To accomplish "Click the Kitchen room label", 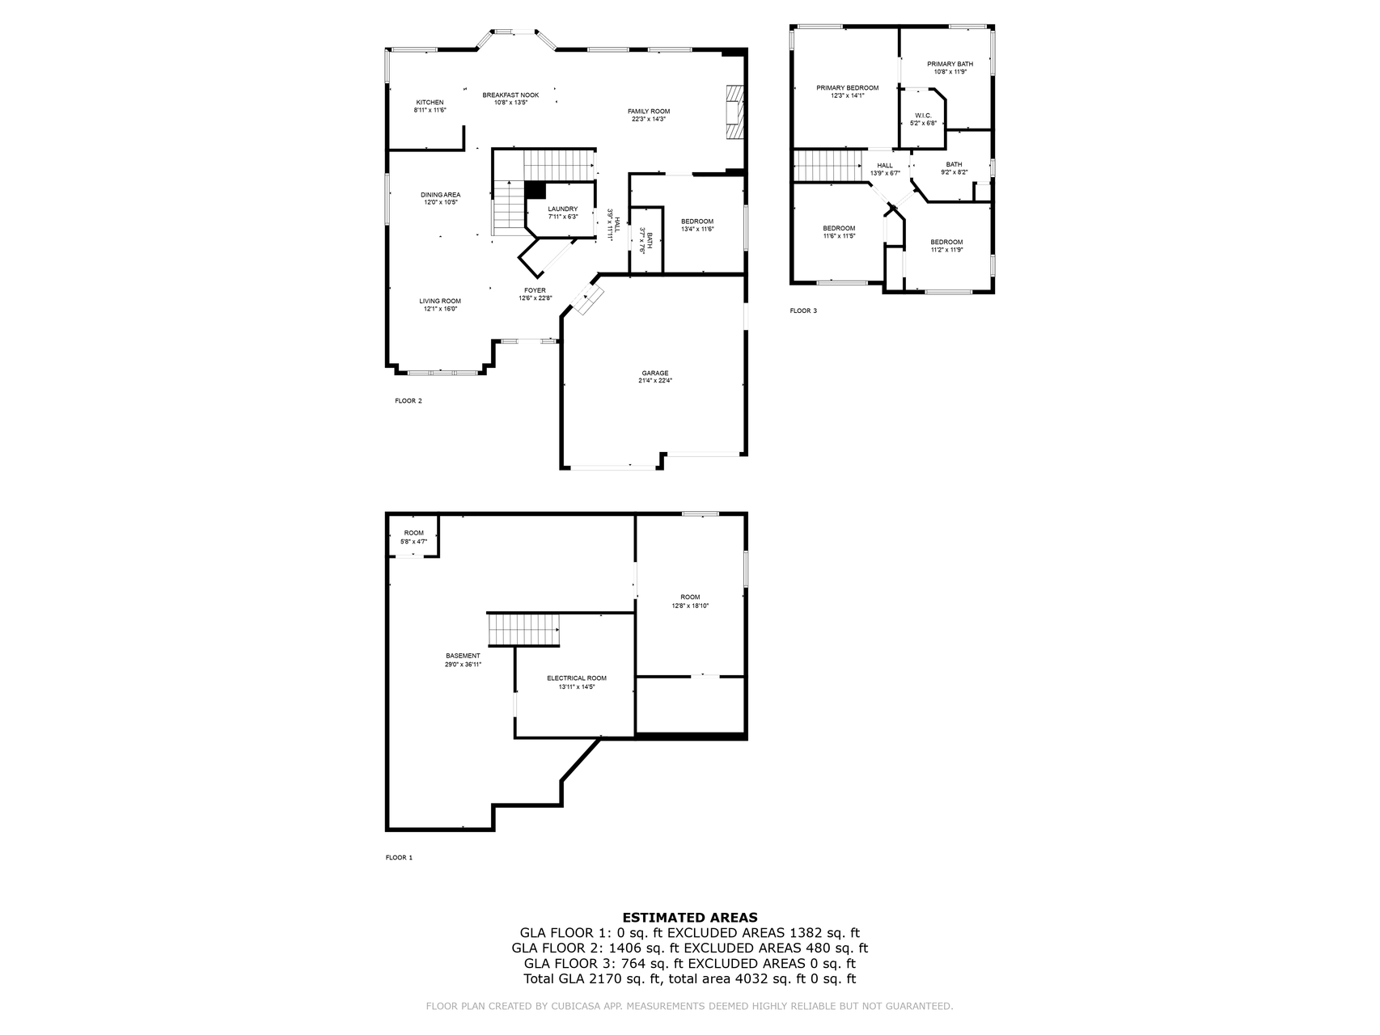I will (x=430, y=103).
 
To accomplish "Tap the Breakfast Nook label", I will (x=510, y=95).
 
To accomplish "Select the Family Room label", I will (x=649, y=112).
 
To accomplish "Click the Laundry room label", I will (x=562, y=209).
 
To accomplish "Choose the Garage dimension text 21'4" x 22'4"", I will (x=655, y=381).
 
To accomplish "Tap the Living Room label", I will (x=440, y=301).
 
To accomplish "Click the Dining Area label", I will (x=441, y=195).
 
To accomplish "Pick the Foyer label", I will (x=535, y=290).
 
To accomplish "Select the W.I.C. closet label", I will (x=923, y=116).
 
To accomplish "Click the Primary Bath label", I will (x=950, y=64).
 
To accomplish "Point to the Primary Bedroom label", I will (x=847, y=87).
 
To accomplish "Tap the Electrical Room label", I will (x=576, y=678).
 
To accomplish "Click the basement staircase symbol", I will (x=523, y=629).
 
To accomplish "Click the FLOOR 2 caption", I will (x=408, y=401).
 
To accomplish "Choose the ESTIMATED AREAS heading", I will (x=689, y=917).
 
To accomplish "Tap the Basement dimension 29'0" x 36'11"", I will (x=463, y=665).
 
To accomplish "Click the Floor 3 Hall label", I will (x=885, y=165).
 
